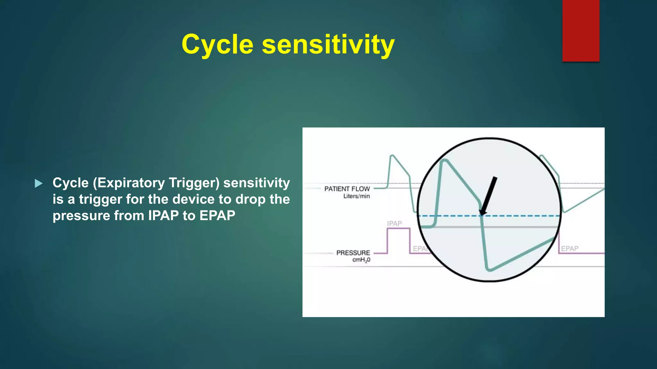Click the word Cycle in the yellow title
217,45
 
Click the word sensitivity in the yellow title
328,45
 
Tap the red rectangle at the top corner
581,30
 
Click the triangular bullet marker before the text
38,184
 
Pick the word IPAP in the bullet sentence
163,216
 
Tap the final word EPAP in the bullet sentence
217,216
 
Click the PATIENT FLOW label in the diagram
347,189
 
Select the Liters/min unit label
356,196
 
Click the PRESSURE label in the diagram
353,253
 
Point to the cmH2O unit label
361,260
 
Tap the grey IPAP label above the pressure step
394,224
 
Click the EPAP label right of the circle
569,249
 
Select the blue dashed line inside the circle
520,216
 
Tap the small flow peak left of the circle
392,156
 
